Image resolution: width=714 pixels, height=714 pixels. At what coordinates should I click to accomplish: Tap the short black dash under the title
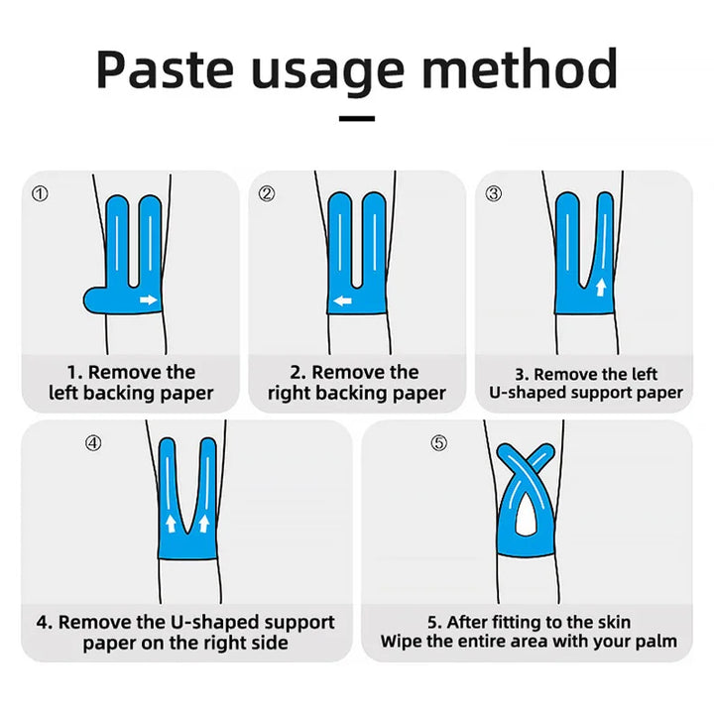pos(357,119)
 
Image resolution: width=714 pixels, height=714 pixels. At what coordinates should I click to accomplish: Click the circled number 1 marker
pos(40,194)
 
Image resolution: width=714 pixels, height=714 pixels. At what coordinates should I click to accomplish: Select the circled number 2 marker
pos(267,194)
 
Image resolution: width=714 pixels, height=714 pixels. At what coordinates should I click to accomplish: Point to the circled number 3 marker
pos(494,194)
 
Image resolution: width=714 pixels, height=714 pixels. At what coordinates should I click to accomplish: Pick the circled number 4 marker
pos(93,443)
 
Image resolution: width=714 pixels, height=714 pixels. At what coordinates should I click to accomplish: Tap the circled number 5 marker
pos(438,443)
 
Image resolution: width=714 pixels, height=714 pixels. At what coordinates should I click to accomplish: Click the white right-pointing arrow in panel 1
pos(148,299)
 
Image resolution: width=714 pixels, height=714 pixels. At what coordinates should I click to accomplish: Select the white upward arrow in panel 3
pos(601,288)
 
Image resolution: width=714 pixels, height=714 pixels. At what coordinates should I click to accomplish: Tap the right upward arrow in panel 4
pos(204,523)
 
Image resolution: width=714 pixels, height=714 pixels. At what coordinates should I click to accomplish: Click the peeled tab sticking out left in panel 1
pos(93,297)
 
